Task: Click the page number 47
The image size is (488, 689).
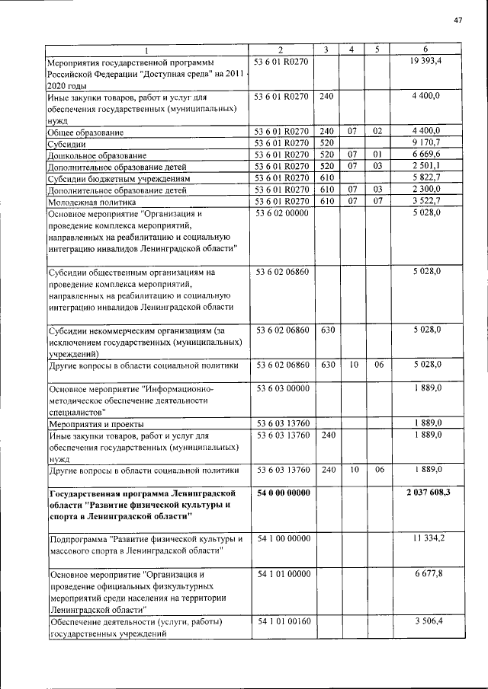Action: pyautogui.click(x=458, y=20)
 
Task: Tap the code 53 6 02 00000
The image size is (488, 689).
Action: pyautogui.click(x=282, y=214)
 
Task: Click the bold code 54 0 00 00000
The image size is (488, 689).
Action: pyautogui.click(x=283, y=493)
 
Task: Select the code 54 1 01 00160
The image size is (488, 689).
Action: pyautogui.click(x=283, y=622)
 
